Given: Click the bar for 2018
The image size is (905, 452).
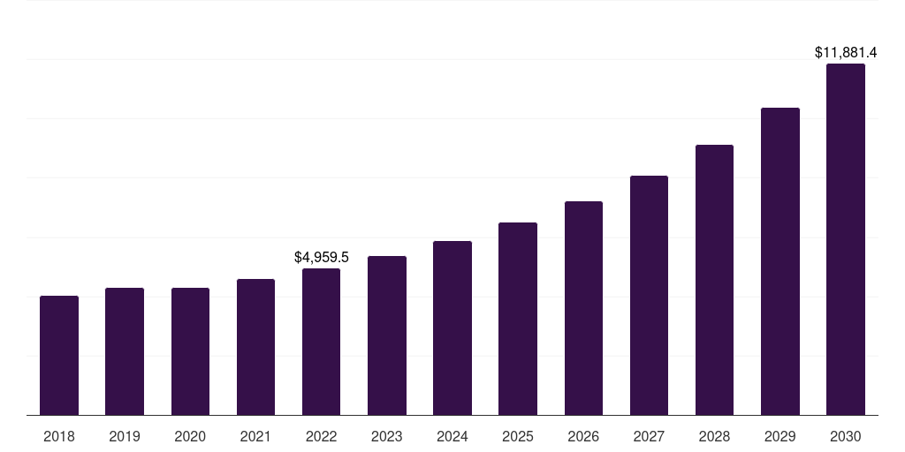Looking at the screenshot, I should pyautogui.click(x=59, y=355).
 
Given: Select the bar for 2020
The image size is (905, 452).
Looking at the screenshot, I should pyautogui.click(x=190, y=351).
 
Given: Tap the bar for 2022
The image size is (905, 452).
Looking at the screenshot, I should pyautogui.click(x=321, y=342).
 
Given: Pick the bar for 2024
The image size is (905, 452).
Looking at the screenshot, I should pyautogui.click(x=452, y=328).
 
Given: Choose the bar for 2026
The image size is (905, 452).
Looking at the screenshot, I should pyautogui.click(x=583, y=308).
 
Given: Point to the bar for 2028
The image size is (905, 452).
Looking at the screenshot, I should pyautogui.click(x=714, y=280).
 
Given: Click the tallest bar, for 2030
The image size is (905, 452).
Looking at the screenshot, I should pyautogui.click(x=846, y=239).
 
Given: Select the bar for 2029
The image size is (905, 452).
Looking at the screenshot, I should pyautogui.click(x=780, y=261).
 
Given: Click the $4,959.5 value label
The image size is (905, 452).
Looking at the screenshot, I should pyautogui.click(x=322, y=258).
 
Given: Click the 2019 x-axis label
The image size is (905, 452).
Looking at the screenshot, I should pyautogui.click(x=125, y=436).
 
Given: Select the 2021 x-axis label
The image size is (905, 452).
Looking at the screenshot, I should pyautogui.click(x=255, y=436).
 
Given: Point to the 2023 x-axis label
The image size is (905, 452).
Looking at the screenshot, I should pyautogui.click(x=387, y=436).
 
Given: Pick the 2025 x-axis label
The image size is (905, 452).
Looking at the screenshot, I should pyautogui.click(x=518, y=436).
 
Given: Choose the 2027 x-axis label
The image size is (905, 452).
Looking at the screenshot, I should pyautogui.click(x=649, y=436).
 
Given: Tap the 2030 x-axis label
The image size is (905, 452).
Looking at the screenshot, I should pyautogui.click(x=846, y=436).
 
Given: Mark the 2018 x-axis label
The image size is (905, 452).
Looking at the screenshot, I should pyautogui.click(x=59, y=436).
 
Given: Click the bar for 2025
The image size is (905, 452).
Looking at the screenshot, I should pyautogui.click(x=518, y=319).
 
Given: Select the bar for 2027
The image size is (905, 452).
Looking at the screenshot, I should pyautogui.click(x=649, y=295).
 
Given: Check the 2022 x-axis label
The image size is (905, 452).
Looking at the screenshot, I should pyautogui.click(x=321, y=436).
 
